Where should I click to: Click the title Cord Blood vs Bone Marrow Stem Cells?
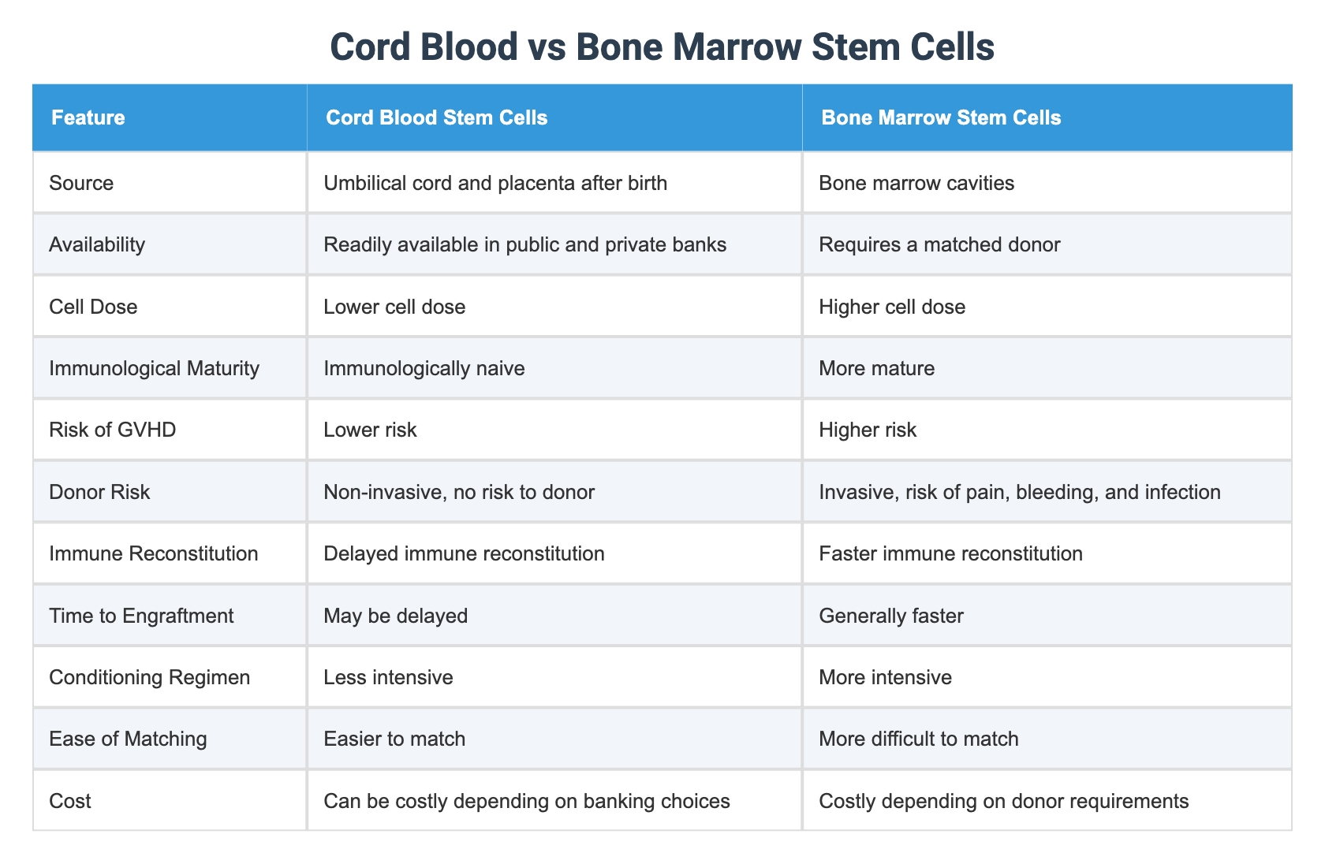662,47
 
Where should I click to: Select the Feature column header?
88,117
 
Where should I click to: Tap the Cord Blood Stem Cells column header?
436,117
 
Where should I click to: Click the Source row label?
81,183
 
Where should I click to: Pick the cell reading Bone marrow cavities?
916,183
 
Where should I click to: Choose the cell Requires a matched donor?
939,244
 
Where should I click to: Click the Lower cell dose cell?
394,307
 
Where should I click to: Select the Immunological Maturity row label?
154,368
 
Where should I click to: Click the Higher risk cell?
868,430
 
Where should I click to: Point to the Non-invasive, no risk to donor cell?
458,492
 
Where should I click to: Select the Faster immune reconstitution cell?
950,553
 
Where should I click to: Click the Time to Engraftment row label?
141,615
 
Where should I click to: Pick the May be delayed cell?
395,615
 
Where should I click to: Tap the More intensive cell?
885,677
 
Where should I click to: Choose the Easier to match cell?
394,739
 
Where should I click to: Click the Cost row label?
70,801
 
